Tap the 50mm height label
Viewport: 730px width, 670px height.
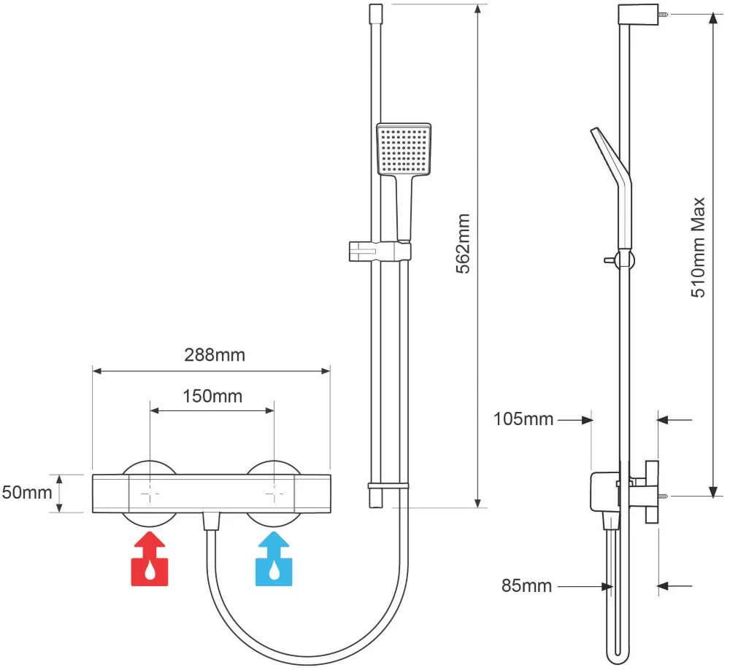click(x=27, y=492)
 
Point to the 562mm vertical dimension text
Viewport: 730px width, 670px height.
click(x=462, y=244)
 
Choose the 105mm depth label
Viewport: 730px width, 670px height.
click(x=523, y=419)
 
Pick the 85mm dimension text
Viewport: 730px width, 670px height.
click(x=526, y=585)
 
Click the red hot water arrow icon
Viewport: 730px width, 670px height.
click(x=149, y=560)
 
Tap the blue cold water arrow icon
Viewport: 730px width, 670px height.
click(x=274, y=560)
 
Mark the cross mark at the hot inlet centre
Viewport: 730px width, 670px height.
click(x=149, y=494)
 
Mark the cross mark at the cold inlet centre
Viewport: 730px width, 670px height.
click(x=274, y=494)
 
